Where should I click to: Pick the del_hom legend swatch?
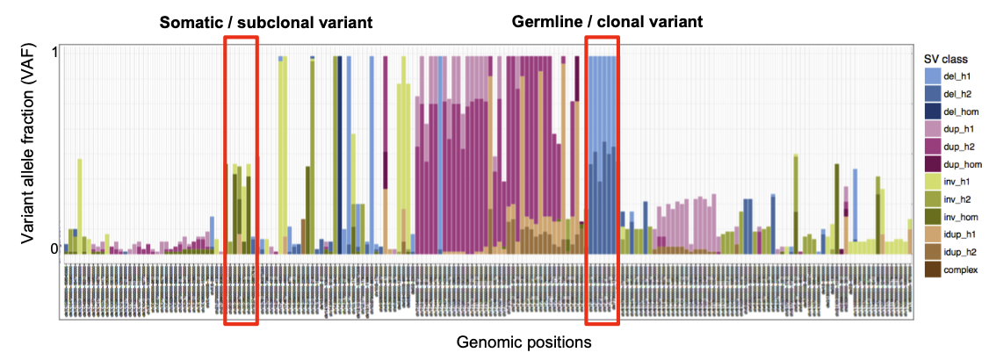pyautogui.click(x=933, y=111)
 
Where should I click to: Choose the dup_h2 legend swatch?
pyautogui.click(x=933, y=146)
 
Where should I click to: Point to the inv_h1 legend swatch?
pyautogui.click(x=933, y=181)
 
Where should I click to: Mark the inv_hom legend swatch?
pyautogui.click(x=933, y=216)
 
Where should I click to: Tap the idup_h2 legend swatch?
pyautogui.click(x=933, y=251)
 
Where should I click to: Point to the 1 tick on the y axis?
pyautogui.click(x=54, y=52)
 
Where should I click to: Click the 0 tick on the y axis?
pyautogui.click(x=54, y=248)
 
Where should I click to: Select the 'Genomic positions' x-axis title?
pyautogui.click(x=523, y=342)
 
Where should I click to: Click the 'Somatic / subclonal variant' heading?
pyautogui.click(x=265, y=22)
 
